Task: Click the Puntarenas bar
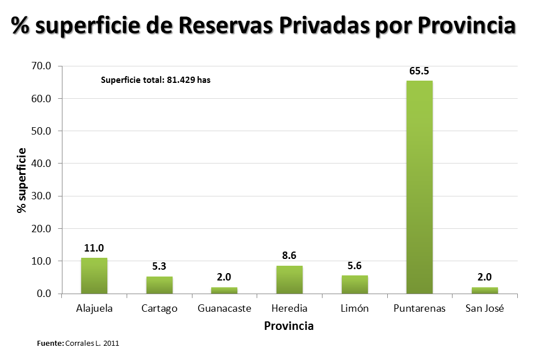(x=420, y=187)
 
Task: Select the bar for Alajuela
(x=94, y=276)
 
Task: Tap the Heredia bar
(x=290, y=280)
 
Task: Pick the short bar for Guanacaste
(x=224, y=290)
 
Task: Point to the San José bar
(x=485, y=290)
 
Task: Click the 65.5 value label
(x=420, y=72)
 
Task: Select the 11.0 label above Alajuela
(x=94, y=248)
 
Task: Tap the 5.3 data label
(x=160, y=266)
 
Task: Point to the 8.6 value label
(x=290, y=256)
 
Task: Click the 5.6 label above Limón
(x=355, y=266)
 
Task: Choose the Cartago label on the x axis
(x=160, y=308)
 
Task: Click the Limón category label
(x=355, y=308)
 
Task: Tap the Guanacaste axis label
(x=224, y=308)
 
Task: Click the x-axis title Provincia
(x=289, y=326)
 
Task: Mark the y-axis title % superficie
(x=22, y=180)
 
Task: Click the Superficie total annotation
(x=156, y=80)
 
